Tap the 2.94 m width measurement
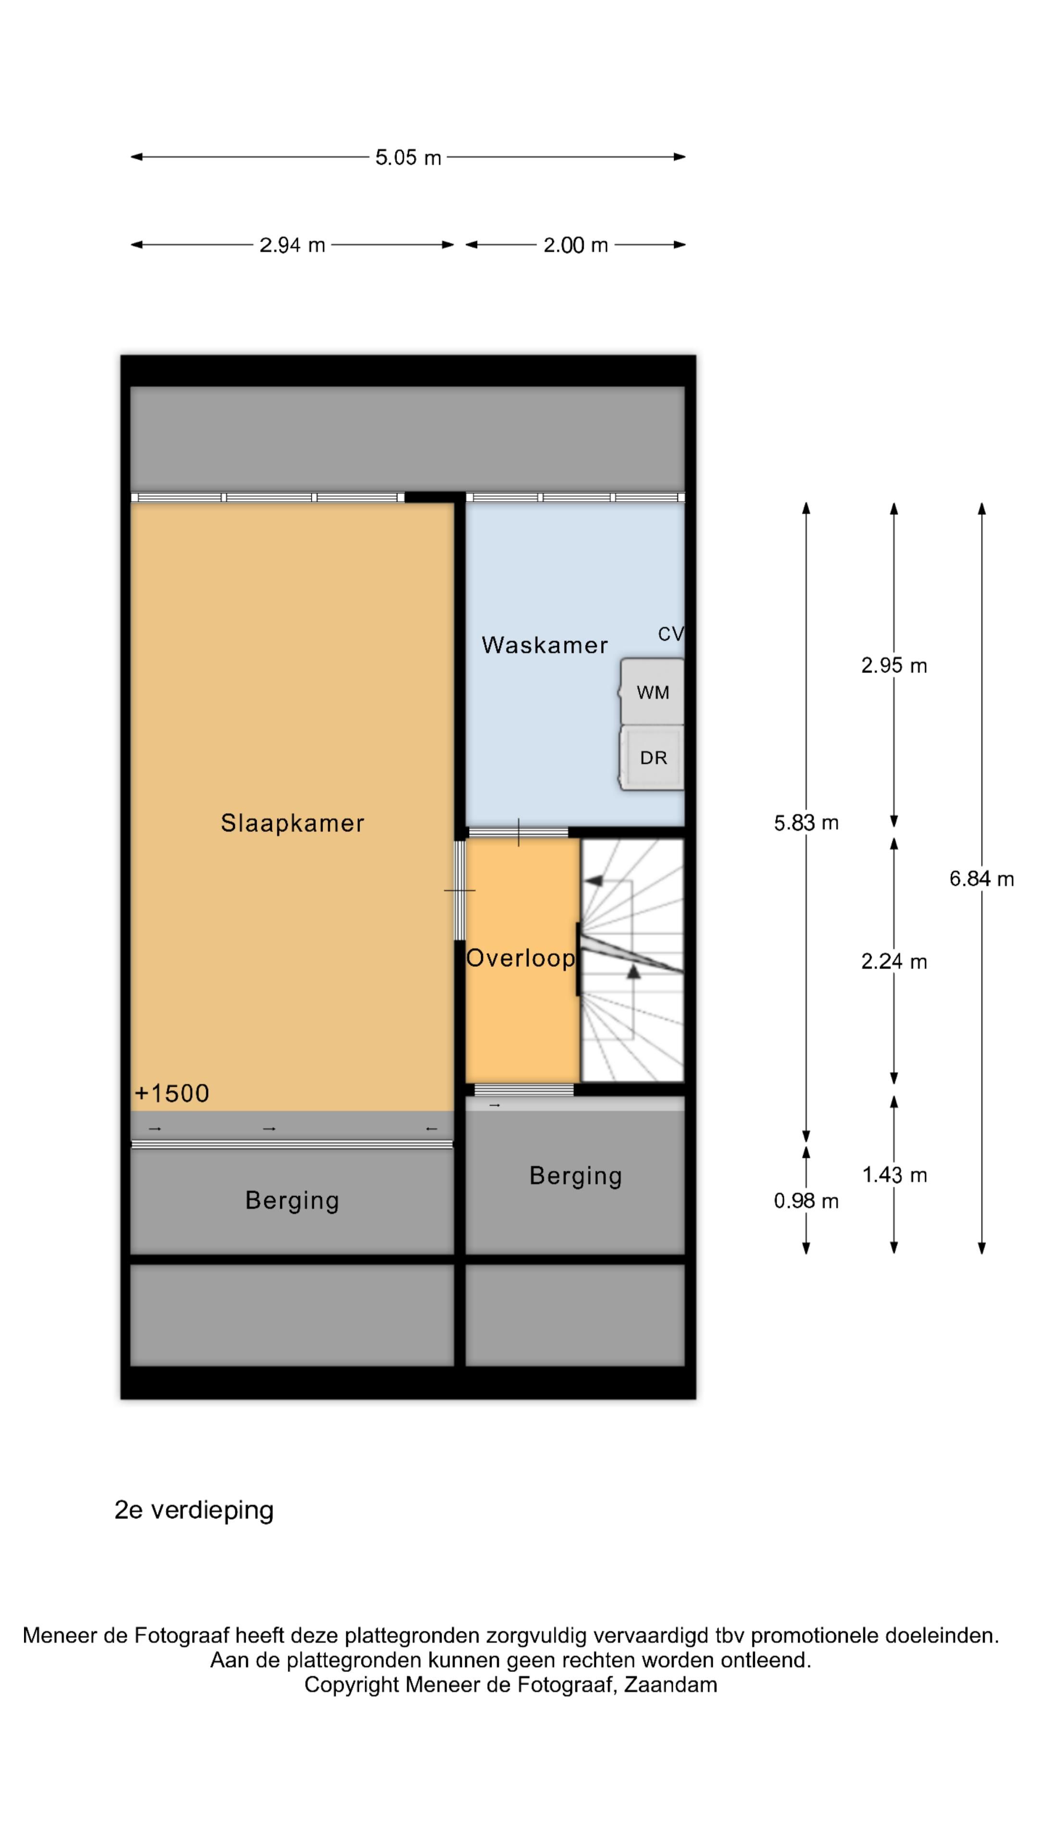click(x=292, y=245)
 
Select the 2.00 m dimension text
click(x=575, y=245)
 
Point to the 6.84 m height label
click(x=981, y=879)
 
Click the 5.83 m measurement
click(x=806, y=823)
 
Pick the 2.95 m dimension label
click(x=894, y=666)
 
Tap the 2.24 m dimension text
click(x=894, y=961)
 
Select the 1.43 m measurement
click(x=894, y=1175)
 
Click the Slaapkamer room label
click(x=292, y=823)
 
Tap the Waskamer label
click(x=544, y=645)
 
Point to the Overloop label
click(x=521, y=958)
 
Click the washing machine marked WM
click(x=652, y=692)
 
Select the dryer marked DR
click(x=652, y=758)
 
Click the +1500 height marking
click(x=172, y=1094)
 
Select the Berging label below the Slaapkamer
click(x=292, y=1201)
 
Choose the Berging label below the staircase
click(x=575, y=1176)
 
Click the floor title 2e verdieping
click(x=194, y=1510)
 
